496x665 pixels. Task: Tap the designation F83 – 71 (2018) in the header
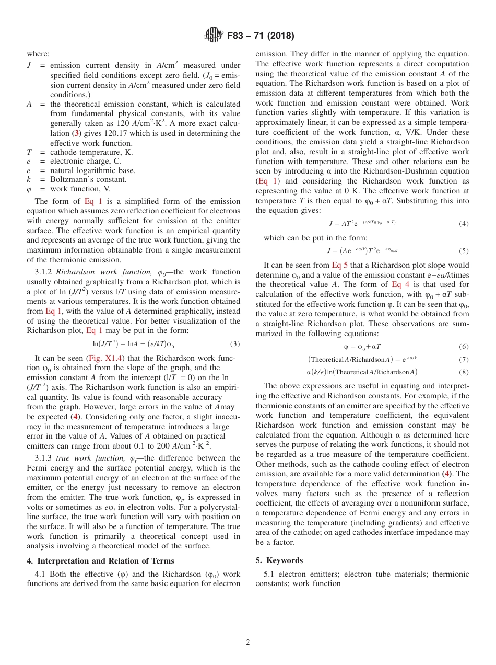tap(261, 36)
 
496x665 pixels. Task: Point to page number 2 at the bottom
tap(248, 643)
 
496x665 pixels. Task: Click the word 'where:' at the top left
tap(38, 54)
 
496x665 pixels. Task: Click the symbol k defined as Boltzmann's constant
tap(29, 179)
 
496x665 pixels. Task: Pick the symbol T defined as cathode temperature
tap(29, 152)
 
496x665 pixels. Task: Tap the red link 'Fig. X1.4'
tap(102, 358)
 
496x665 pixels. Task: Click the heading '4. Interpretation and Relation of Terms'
tap(100, 561)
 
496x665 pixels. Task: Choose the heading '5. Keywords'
tap(279, 560)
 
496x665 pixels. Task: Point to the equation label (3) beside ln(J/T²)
tap(234, 344)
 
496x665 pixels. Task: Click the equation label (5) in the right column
tap(463, 251)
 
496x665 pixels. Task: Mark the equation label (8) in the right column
tap(463, 372)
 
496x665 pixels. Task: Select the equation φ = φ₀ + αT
tap(362, 347)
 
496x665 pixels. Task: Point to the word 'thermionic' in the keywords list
tap(450, 574)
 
